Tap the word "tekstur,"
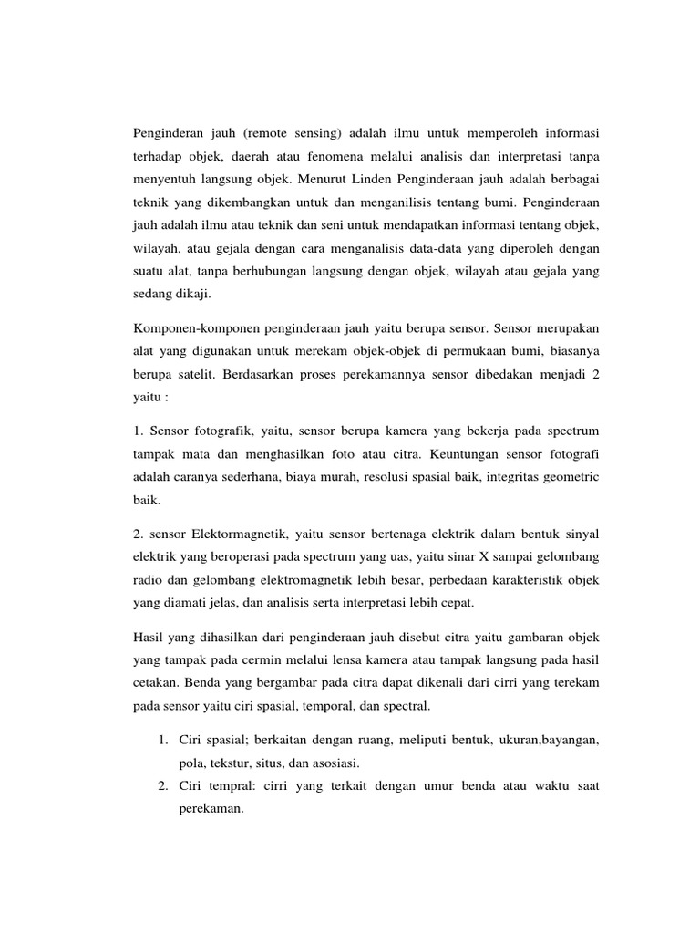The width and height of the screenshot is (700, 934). pos(239,762)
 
